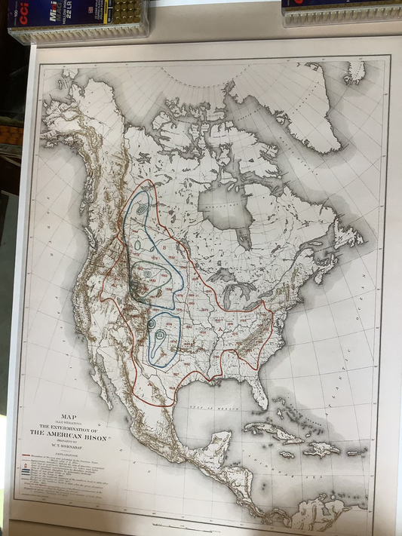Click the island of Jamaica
(x=287, y=454)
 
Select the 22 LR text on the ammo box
(x=71, y=18)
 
